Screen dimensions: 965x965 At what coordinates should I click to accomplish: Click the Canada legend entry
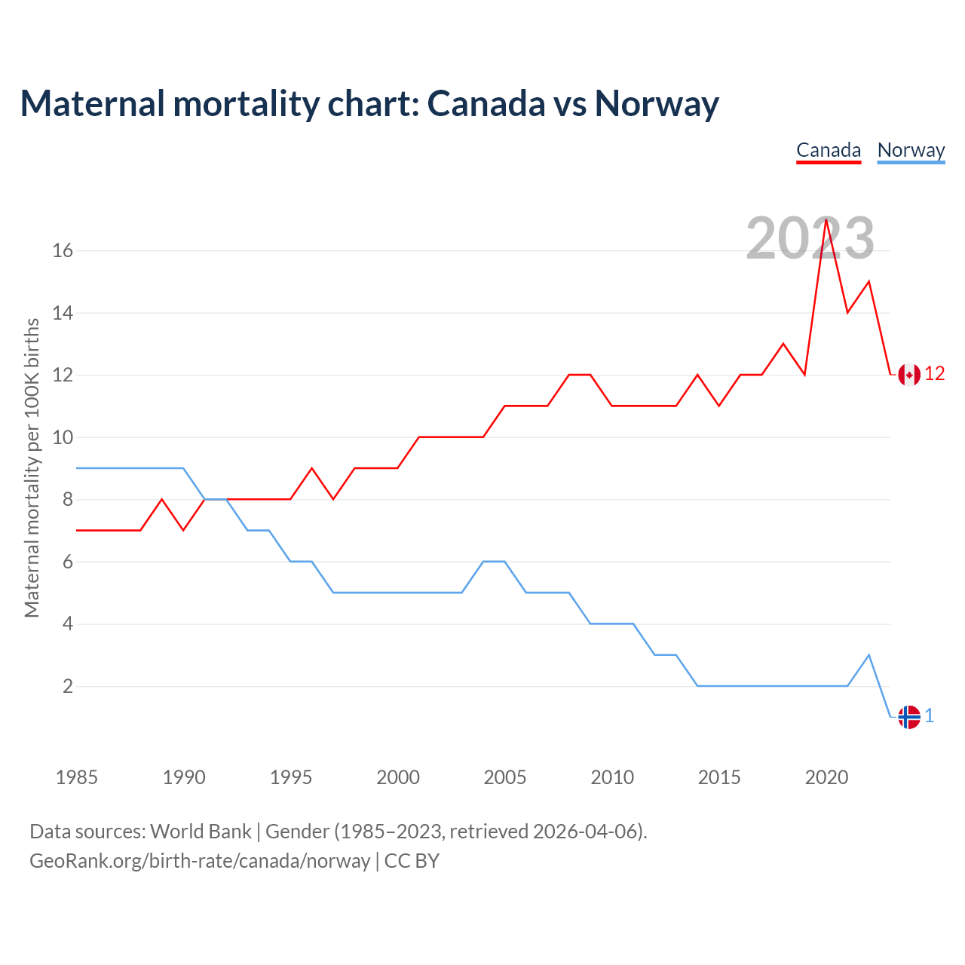coord(829,150)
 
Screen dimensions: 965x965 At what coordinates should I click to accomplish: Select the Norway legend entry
coord(911,150)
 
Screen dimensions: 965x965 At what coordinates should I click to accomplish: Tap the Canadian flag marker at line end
coord(909,374)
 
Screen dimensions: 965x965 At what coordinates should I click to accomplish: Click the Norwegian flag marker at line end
coord(909,717)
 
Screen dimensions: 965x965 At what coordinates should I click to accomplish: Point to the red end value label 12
coord(935,374)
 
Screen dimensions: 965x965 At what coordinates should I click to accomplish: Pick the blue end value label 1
coord(930,716)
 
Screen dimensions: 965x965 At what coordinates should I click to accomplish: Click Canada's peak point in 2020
coord(826,219)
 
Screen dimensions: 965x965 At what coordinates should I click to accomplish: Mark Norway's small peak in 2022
coord(869,654)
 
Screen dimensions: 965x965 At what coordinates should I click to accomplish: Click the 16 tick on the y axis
coord(63,250)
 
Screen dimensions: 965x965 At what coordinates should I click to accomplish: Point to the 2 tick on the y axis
coord(68,687)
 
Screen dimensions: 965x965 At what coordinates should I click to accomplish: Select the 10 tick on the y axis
coord(63,437)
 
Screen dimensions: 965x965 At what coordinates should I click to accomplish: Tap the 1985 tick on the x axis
coord(77,777)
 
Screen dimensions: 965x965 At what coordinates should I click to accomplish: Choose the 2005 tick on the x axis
coord(505,777)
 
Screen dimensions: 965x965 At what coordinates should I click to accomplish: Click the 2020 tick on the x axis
coord(826,777)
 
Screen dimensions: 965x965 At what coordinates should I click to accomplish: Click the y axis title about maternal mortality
coord(32,467)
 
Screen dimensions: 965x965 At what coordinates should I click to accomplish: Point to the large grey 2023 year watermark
coord(810,238)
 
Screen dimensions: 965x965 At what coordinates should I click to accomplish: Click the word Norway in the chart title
coord(657,103)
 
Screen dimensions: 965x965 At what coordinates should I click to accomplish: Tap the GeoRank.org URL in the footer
coord(200,860)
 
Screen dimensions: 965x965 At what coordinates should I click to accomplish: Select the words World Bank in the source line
coord(201,832)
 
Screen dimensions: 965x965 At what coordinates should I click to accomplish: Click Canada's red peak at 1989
coord(162,499)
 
